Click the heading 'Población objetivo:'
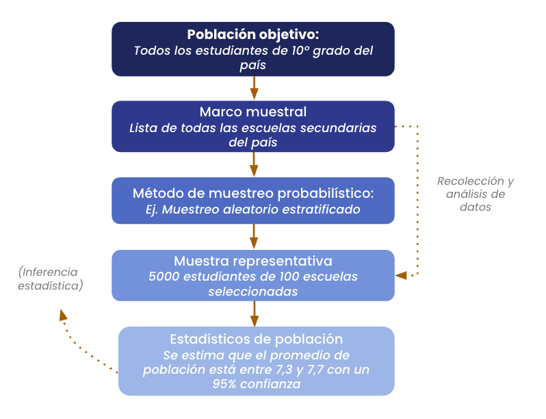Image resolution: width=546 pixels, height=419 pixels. (253, 34)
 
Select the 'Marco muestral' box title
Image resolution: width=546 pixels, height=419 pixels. (253, 112)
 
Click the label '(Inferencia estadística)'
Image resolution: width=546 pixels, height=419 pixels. (50, 279)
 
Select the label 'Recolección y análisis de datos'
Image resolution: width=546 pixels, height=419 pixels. (476, 194)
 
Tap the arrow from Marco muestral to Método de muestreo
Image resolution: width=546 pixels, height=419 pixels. (254, 164)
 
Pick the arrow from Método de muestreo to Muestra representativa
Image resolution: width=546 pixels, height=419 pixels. (254, 236)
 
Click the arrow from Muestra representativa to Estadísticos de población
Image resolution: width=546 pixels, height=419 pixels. (254, 314)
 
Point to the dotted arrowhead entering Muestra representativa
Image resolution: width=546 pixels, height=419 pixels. (401, 275)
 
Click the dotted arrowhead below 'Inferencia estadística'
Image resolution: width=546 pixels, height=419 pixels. (63, 314)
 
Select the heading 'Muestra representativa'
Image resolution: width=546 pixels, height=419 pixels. (253, 261)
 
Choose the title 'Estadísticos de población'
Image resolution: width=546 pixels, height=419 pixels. (256, 339)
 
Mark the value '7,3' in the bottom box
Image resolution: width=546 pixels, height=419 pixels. (282, 370)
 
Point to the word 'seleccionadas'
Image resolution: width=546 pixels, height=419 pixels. (253, 291)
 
